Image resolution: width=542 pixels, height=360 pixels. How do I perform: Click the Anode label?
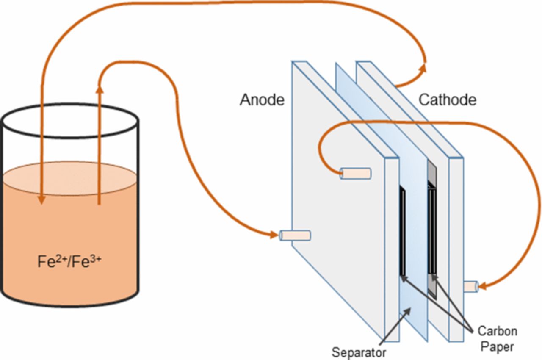pyautogui.click(x=262, y=100)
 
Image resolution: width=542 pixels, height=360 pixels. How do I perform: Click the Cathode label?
pyautogui.click(x=448, y=100)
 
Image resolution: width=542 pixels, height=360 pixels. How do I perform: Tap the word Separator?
pyautogui.click(x=359, y=352)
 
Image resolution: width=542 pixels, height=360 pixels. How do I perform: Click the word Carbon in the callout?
pyautogui.click(x=497, y=331)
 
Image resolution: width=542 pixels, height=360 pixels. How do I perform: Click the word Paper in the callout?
pyautogui.click(x=497, y=346)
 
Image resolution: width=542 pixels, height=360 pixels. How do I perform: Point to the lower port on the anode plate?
pyautogui.click(x=296, y=235)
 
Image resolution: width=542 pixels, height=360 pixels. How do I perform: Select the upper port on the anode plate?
pyautogui.click(x=356, y=173)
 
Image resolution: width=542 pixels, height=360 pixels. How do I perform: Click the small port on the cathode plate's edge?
pyautogui.click(x=470, y=287)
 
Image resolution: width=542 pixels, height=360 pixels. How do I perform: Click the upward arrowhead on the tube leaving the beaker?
pyautogui.click(x=100, y=87)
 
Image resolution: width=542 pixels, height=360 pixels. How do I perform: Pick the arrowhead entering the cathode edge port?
pyautogui.click(x=482, y=287)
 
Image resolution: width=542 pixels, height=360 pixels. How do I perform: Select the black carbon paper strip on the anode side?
pyautogui.click(x=403, y=233)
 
